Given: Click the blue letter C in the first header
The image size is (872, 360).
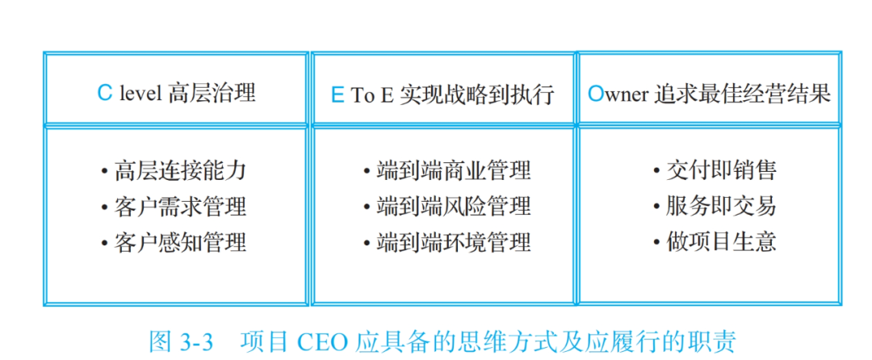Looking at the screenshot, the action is pyautogui.click(x=104, y=93).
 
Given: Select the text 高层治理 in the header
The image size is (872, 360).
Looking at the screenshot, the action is pyautogui.click(x=212, y=93).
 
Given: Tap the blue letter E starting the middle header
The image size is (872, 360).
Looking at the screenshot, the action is pyautogui.click(x=337, y=95).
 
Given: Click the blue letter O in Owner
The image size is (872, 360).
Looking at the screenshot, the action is pyautogui.click(x=595, y=94).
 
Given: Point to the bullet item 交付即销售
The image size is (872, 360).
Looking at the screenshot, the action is pyautogui.click(x=721, y=170).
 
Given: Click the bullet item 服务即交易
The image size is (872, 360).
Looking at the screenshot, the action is pyautogui.click(x=721, y=207).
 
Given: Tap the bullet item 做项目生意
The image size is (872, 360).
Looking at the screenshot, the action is pyautogui.click(x=721, y=242).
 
